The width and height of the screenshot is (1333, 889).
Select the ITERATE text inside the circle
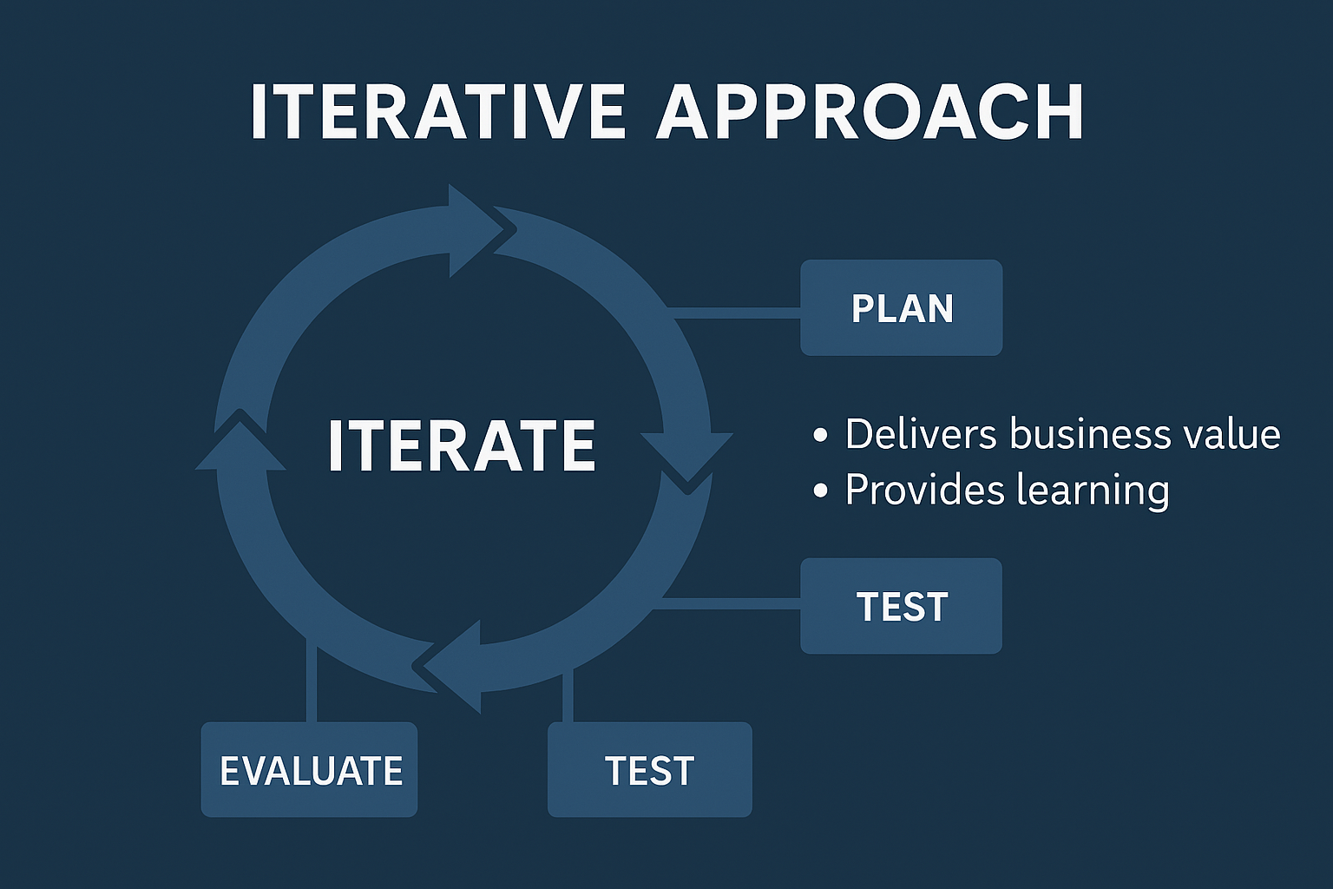tap(461, 445)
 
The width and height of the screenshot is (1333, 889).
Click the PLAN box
tap(901, 308)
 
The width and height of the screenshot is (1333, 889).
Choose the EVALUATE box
tap(310, 770)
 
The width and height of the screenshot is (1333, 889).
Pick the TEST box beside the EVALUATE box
tap(649, 770)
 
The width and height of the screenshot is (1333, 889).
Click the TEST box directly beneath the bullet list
tap(901, 606)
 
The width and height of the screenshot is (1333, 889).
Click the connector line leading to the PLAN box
tap(738, 313)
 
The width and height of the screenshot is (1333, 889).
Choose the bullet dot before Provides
tap(821, 492)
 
